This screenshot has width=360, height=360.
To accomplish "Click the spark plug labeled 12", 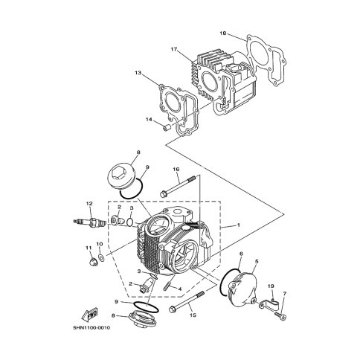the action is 90,222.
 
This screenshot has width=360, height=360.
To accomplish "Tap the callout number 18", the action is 223,33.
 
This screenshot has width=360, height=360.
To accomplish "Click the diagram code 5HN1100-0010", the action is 91,328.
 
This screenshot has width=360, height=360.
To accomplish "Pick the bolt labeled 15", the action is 187,301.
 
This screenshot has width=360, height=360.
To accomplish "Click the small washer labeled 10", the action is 101,258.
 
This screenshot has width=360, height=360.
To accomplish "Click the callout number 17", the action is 174,49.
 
